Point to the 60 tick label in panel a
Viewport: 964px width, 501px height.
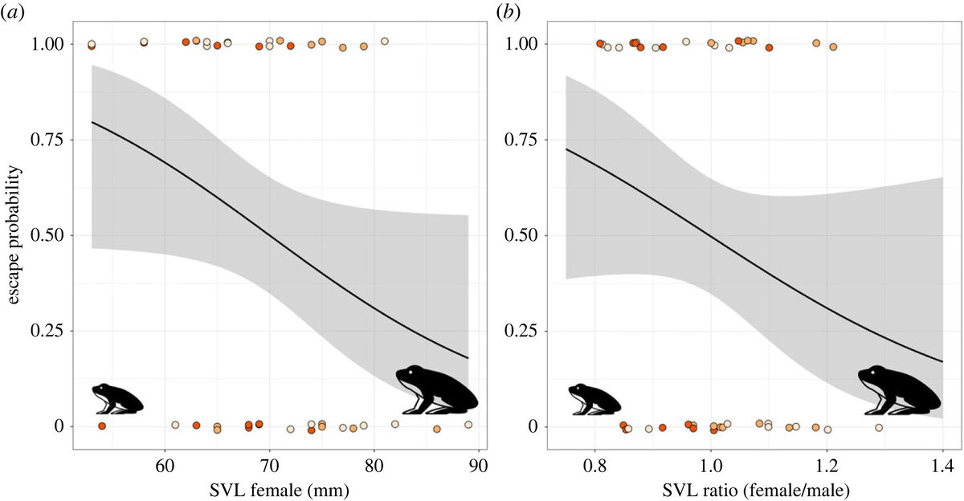[165, 465]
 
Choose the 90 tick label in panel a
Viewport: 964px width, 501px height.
[479, 465]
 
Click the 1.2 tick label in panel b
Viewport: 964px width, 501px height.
[827, 465]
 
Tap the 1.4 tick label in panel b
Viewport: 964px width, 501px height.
[942, 465]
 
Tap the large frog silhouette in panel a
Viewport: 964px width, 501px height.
[436, 389]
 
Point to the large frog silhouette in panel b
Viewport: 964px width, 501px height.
[898, 389]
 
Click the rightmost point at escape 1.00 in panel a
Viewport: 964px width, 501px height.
[384, 41]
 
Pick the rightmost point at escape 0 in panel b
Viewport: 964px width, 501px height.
[879, 428]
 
